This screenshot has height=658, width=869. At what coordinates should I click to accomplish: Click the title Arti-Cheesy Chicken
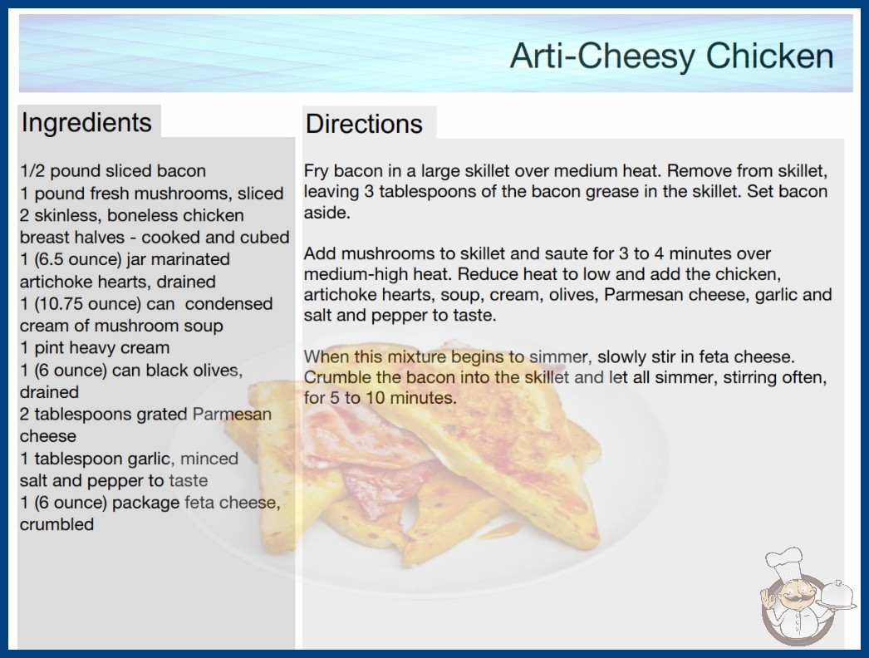(x=672, y=56)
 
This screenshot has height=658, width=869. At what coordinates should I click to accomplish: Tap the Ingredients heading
(x=86, y=122)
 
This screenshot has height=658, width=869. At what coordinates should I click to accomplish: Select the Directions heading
(x=364, y=124)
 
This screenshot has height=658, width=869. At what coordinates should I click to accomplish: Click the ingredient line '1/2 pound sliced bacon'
(x=113, y=171)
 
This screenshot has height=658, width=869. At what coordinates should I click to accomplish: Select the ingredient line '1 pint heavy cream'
(x=95, y=347)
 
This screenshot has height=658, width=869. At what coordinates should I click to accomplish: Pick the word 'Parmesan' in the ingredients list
(x=233, y=414)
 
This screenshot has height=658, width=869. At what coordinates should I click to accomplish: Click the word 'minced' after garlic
(x=209, y=459)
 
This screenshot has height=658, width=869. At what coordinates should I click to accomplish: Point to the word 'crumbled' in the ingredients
(x=56, y=524)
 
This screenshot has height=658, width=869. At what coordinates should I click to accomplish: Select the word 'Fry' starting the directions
(x=316, y=171)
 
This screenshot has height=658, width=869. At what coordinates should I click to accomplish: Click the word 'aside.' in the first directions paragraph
(x=327, y=213)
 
